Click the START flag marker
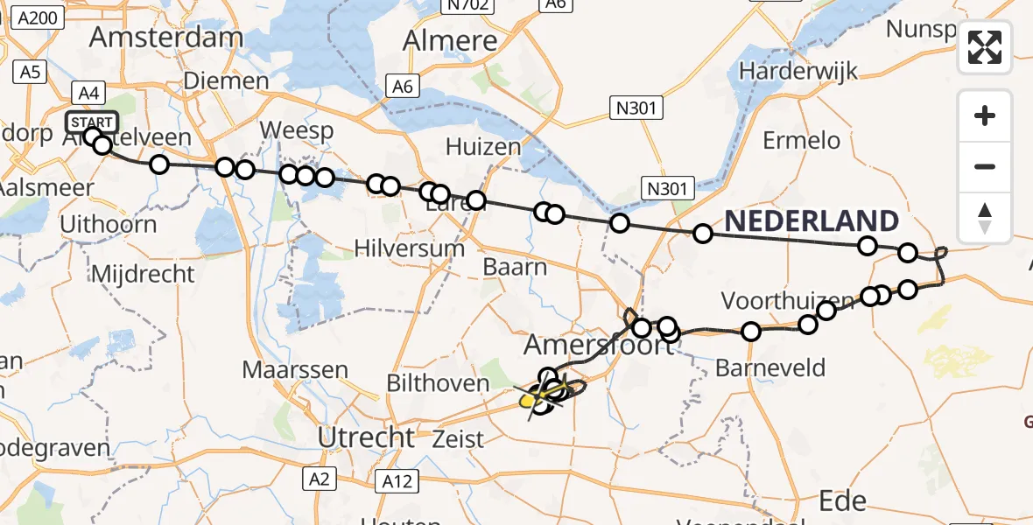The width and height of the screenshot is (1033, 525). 91,122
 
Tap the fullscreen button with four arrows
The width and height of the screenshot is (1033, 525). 985,47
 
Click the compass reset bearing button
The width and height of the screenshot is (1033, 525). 985,218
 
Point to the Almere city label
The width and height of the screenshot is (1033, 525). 450,40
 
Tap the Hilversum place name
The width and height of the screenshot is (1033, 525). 409,248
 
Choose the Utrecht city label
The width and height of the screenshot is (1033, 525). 367,436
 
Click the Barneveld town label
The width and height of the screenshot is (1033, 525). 770,367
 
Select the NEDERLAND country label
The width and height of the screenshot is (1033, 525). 812,220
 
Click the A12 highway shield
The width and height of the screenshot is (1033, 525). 401,480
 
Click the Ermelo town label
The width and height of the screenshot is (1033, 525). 801,140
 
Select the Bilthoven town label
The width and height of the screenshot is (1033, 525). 439,383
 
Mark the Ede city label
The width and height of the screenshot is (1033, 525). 842,500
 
